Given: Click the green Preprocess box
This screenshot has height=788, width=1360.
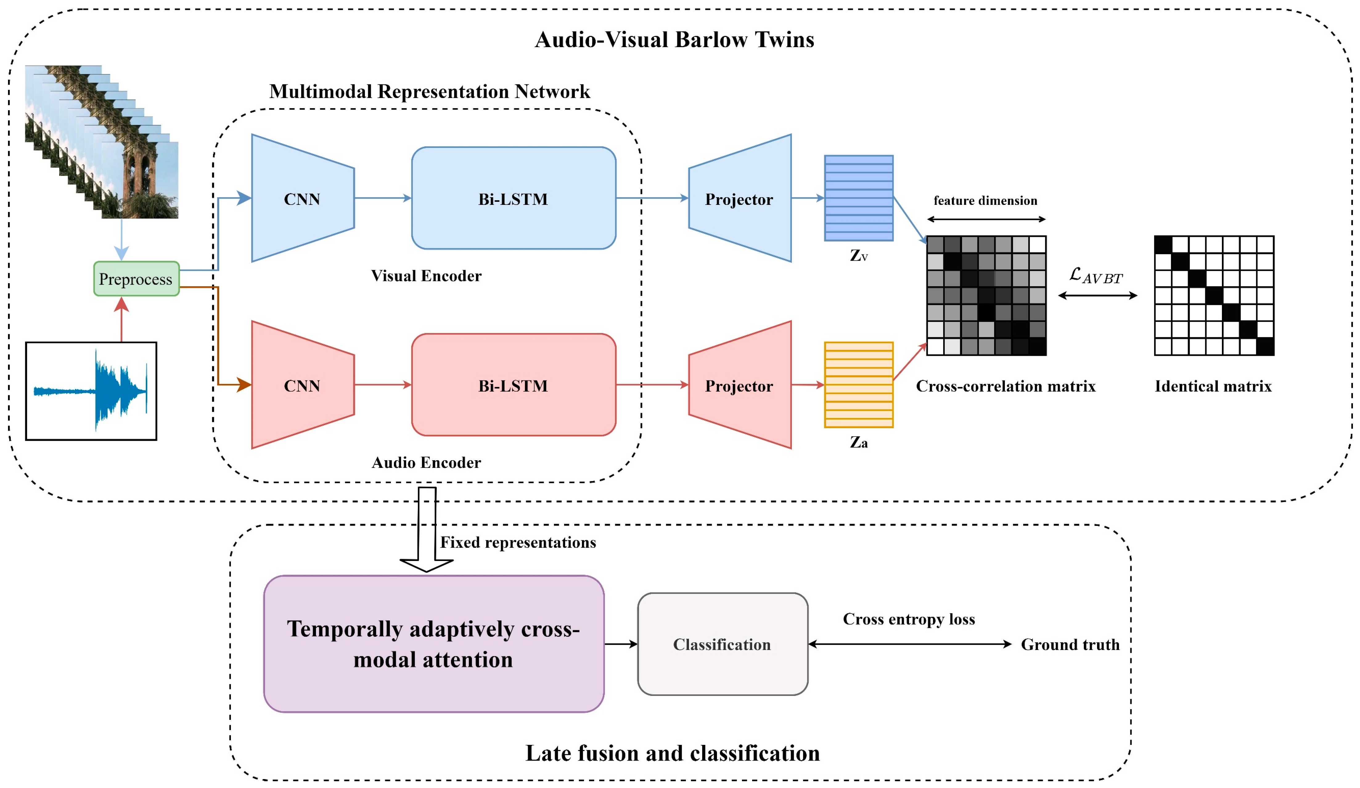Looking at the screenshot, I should point(136,279).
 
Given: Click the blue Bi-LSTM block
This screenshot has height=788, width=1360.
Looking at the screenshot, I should point(513,198).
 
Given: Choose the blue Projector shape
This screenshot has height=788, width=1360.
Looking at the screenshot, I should point(740,198).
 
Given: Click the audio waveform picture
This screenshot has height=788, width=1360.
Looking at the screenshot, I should point(91,391).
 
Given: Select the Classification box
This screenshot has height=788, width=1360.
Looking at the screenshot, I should point(722,644).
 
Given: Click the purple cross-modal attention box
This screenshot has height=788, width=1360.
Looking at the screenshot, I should point(433,644).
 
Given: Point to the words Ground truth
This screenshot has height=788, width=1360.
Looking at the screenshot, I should point(1070,644).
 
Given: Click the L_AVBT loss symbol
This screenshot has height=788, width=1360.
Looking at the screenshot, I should point(1096,276).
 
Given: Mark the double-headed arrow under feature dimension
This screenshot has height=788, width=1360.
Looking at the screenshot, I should point(986,219).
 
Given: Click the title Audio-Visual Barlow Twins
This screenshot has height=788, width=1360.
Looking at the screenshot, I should point(674,39).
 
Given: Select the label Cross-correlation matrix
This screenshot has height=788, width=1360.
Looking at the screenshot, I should point(1006,386).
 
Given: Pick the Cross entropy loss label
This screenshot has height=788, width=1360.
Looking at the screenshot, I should point(909,619).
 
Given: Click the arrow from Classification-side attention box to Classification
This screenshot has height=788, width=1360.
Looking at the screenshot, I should point(621,644).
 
